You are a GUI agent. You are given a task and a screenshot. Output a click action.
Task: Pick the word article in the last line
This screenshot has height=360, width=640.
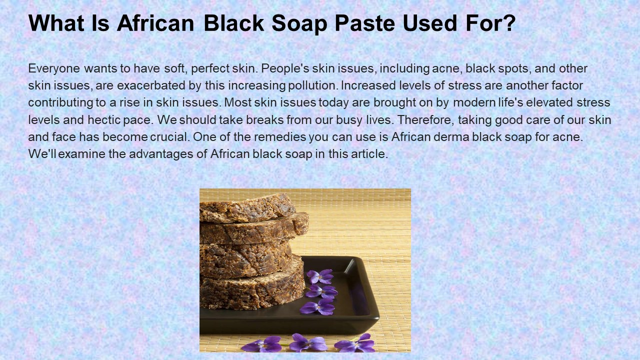tap(370, 154)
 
